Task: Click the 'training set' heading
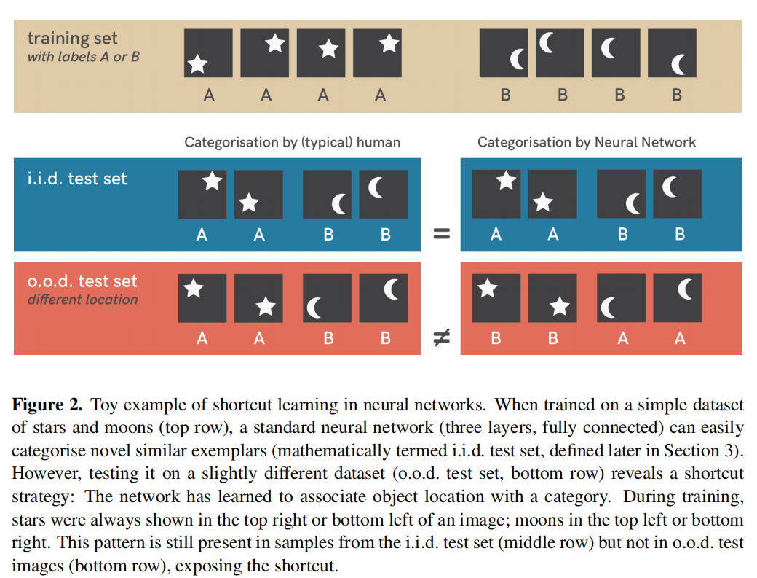[72, 39]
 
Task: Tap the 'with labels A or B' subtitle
[83, 57]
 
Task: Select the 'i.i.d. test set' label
[77, 179]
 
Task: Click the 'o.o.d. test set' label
[82, 281]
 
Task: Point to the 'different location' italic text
[82, 300]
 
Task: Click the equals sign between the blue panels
[440, 235]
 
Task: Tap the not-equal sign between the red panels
[440, 337]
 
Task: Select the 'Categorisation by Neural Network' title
[587, 143]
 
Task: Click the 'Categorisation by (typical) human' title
[292, 143]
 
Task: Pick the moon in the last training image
[678, 66]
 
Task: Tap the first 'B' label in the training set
[505, 95]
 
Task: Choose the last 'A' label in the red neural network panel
[680, 338]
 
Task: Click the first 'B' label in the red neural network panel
[496, 338]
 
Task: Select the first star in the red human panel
[193, 289]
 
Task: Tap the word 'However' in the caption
[39, 473]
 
